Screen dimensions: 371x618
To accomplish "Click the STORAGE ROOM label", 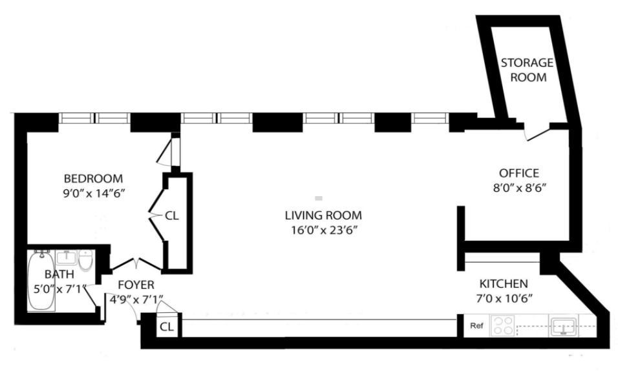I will (527, 70).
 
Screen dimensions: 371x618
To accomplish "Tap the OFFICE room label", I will (518, 173).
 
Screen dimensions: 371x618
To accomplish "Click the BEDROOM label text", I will (93, 178).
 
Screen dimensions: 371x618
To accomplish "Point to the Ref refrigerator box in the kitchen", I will (476, 326).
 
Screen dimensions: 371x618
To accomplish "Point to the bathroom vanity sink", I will (66, 259).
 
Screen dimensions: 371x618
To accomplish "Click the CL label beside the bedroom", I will (171, 216).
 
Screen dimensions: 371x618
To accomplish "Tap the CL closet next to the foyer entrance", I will (167, 326).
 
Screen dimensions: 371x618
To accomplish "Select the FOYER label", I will (136, 285).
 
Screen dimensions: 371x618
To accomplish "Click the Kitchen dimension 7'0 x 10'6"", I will (506, 299).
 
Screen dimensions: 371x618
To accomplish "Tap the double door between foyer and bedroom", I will (136, 264).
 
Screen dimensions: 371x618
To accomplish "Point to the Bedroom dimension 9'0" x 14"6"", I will (92, 193).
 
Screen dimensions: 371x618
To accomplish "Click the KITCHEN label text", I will (503, 283).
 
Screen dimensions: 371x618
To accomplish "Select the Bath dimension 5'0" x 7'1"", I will (56, 288).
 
